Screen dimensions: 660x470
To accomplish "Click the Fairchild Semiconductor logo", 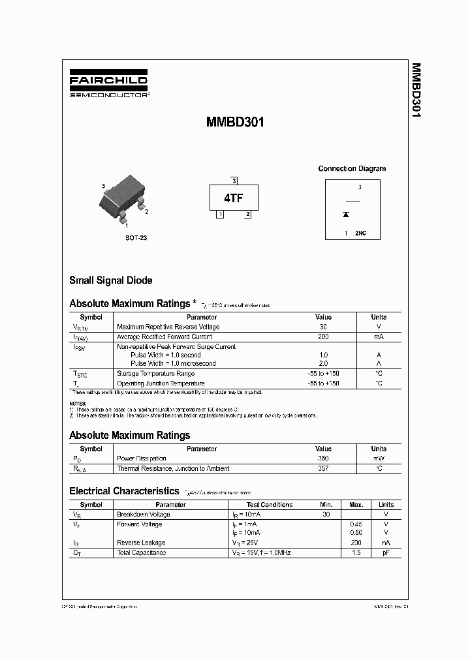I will coord(108,85).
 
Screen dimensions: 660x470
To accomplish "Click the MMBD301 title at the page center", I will coord(235,122).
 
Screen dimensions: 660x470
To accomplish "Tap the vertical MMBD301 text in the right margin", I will coord(416,91).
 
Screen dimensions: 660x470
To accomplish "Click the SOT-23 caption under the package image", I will coord(136,238).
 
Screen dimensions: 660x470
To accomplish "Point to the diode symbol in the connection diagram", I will coord(346,214).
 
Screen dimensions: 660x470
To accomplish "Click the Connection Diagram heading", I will coord(352,168).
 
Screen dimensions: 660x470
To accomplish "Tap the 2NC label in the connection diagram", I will coord(360,233).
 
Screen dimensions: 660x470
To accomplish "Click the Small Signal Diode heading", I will coord(111,280).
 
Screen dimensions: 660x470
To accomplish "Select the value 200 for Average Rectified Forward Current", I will coord(323,337).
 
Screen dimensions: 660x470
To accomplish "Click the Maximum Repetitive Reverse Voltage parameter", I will coord(168,327).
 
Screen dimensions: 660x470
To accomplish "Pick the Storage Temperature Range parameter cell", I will coord(155,374).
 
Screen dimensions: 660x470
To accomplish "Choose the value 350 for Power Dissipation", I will coord(323,458).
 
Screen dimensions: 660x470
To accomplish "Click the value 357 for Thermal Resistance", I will coord(323,468).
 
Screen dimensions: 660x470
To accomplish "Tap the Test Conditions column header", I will coord(270,504).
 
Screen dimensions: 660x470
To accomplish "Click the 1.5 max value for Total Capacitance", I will coord(356,552).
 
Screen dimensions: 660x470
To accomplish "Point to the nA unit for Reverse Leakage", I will coord(386,543).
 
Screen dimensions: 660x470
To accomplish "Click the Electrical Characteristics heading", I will coord(124,491).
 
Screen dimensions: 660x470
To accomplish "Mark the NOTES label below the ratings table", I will coord(78,404).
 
